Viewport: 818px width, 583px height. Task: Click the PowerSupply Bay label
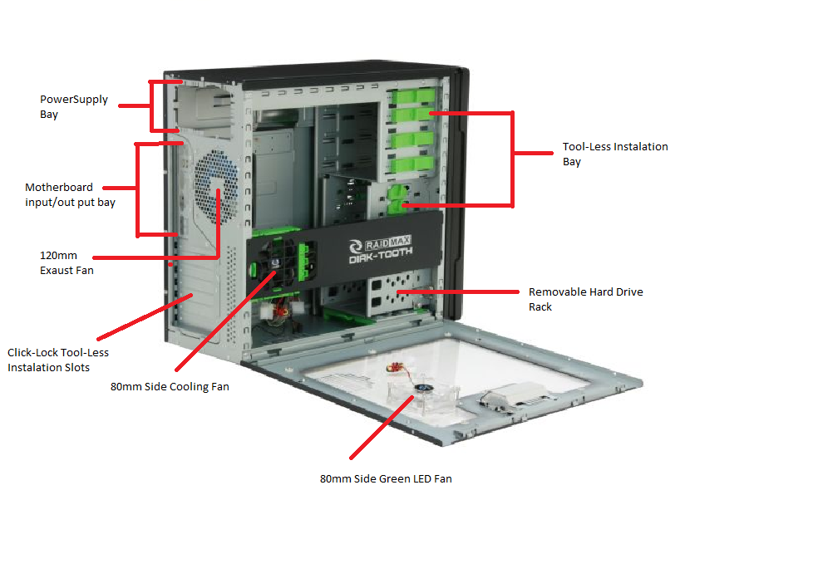(74, 106)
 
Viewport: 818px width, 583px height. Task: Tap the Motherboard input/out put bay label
(70, 194)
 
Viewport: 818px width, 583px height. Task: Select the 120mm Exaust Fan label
(67, 262)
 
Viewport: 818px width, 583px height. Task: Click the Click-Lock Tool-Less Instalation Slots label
(58, 360)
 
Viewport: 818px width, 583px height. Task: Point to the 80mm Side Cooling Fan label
(170, 386)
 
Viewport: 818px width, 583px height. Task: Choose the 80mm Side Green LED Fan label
(386, 478)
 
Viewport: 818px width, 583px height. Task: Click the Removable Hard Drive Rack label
(585, 299)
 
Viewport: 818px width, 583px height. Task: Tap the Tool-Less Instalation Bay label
(615, 154)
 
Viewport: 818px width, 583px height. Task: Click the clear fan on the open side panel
(424, 390)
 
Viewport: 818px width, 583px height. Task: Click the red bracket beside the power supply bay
(151, 105)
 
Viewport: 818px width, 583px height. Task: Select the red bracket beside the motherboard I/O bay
(138, 189)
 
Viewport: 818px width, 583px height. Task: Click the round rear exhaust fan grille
(214, 184)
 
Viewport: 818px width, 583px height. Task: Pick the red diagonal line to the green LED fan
(382, 429)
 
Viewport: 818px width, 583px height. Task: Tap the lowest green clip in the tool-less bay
(397, 204)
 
